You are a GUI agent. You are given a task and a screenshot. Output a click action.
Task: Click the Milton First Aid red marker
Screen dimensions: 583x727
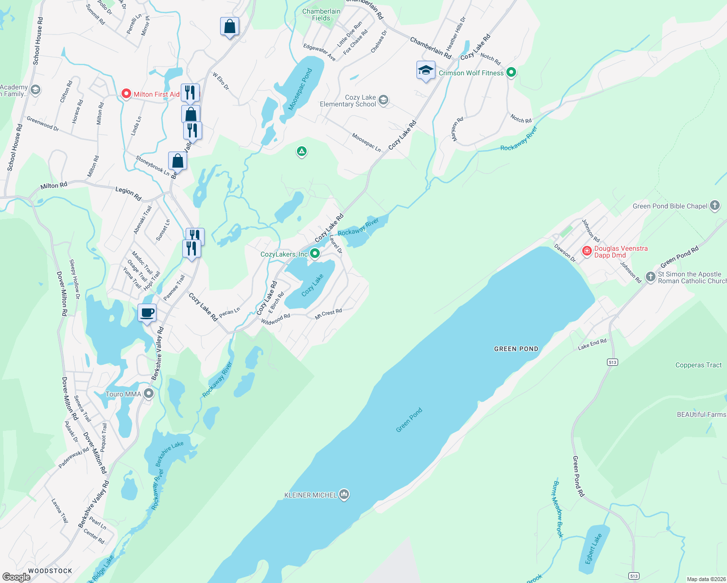(x=126, y=94)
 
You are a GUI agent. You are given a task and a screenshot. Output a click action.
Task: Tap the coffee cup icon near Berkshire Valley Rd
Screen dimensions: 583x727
(x=147, y=312)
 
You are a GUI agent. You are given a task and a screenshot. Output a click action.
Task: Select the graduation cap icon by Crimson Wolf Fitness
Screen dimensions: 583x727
(x=426, y=70)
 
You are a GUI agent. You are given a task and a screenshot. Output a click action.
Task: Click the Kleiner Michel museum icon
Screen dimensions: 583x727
(x=344, y=495)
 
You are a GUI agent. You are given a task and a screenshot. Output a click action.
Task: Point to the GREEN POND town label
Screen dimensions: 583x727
(x=516, y=349)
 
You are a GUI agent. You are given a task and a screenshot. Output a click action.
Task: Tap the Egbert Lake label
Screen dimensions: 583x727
(x=593, y=549)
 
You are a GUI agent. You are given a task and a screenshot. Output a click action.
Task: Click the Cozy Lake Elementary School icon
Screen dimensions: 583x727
(x=383, y=100)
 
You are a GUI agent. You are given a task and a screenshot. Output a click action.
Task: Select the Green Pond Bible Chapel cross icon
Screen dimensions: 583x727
(x=715, y=206)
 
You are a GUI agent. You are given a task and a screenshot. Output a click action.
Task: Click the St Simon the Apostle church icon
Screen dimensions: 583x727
(x=651, y=277)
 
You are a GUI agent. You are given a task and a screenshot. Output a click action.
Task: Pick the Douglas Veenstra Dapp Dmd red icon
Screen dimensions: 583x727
(x=587, y=251)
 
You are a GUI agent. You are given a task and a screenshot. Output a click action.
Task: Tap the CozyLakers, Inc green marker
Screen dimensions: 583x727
(x=315, y=254)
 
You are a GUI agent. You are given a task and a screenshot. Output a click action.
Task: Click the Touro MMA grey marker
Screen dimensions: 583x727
(x=149, y=394)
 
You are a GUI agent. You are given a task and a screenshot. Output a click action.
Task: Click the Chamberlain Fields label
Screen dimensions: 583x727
(x=321, y=15)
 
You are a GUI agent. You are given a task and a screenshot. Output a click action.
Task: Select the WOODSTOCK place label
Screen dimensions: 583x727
(x=50, y=571)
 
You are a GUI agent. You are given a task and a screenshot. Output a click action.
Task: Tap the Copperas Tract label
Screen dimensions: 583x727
(x=698, y=365)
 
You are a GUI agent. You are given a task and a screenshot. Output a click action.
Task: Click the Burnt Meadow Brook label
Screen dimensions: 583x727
(x=558, y=509)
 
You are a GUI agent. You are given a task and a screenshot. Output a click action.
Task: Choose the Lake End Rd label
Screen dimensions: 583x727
(x=592, y=344)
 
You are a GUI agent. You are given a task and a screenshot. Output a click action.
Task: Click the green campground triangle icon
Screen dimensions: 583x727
(x=302, y=152)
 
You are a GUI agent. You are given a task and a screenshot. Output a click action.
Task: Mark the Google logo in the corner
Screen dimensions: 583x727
(x=17, y=577)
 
